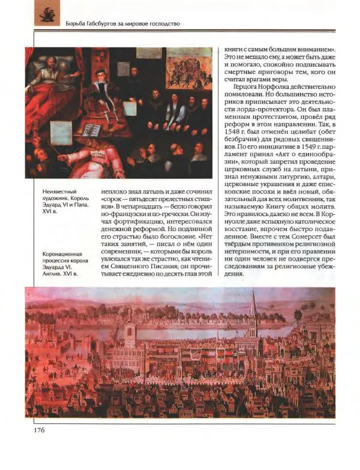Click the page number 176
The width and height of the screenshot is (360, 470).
(33, 429)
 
